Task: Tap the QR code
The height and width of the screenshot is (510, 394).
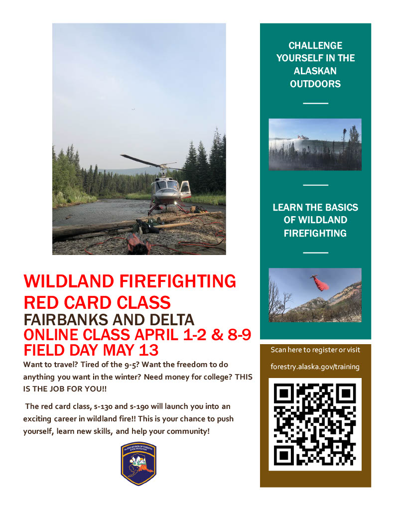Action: coord(315,424)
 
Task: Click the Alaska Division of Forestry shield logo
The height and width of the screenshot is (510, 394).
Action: coord(138,464)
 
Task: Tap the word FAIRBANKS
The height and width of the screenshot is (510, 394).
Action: coord(68,319)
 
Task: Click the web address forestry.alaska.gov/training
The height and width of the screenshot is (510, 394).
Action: coord(315,367)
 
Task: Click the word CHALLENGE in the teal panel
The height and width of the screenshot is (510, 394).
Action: coord(315,46)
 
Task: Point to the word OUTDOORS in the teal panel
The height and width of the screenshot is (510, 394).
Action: coord(315,84)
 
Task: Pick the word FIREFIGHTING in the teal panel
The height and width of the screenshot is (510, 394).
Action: coord(315,233)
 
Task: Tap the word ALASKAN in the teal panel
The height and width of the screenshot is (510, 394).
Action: coord(315,71)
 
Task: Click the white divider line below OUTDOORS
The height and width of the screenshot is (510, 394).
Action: coord(315,103)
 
